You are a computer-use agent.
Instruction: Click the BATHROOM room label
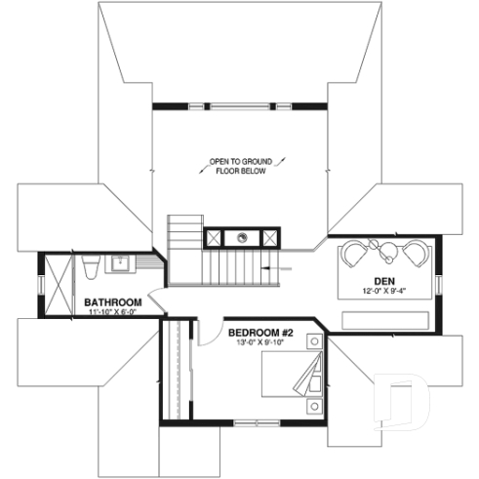click(113, 302)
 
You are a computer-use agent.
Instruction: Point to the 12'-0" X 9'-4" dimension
click(382, 290)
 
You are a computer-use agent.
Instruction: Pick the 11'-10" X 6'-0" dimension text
click(112, 313)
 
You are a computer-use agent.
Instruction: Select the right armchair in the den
click(414, 256)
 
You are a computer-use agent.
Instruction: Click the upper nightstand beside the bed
click(314, 341)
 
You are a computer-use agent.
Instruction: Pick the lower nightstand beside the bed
click(314, 405)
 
